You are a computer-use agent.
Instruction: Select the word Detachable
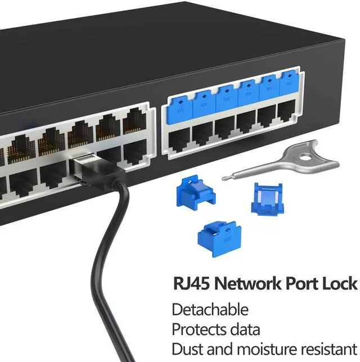pos(210,309)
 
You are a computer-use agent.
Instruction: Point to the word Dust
pos(186,349)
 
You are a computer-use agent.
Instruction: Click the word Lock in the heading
pos(339,283)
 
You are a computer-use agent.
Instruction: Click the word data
pos(242,329)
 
